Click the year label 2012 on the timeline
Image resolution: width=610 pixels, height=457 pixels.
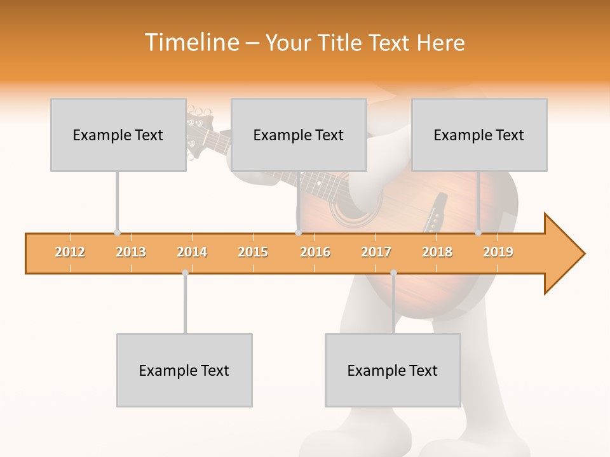pyautogui.click(x=70, y=253)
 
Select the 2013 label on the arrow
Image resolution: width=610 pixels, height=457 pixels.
pyautogui.click(x=131, y=253)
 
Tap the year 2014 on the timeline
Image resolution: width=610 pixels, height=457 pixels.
pyautogui.click(x=192, y=253)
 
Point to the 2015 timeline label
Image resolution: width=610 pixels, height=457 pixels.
pyautogui.click(x=253, y=253)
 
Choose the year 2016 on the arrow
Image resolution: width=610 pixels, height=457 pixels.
pyautogui.click(x=315, y=253)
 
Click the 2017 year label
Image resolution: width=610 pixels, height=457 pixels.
pyautogui.click(x=376, y=253)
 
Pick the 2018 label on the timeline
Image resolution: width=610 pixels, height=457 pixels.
pyautogui.click(x=437, y=253)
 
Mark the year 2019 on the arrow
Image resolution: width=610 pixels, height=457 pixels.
pyautogui.click(x=498, y=253)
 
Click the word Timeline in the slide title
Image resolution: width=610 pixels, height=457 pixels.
pyautogui.click(x=191, y=43)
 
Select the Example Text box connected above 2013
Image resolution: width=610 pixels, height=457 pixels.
pyautogui.click(x=118, y=135)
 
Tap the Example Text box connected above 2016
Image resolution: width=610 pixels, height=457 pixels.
pyautogui.click(x=299, y=135)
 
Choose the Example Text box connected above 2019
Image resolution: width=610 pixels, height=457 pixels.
pyautogui.click(x=479, y=135)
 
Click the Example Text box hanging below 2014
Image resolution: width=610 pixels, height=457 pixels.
pyautogui.click(x=184, y=370)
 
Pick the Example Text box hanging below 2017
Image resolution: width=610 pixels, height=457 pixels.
pyautogui.click(x=393, y=370)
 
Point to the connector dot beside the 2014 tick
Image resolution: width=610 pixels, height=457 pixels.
pyautogui.click(x=185, y=273)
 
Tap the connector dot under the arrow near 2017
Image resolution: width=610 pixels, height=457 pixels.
pyautogui.click(x=393, y=273)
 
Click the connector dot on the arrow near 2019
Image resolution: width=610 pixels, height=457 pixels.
pyautogui.click(x=478, y=233)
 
